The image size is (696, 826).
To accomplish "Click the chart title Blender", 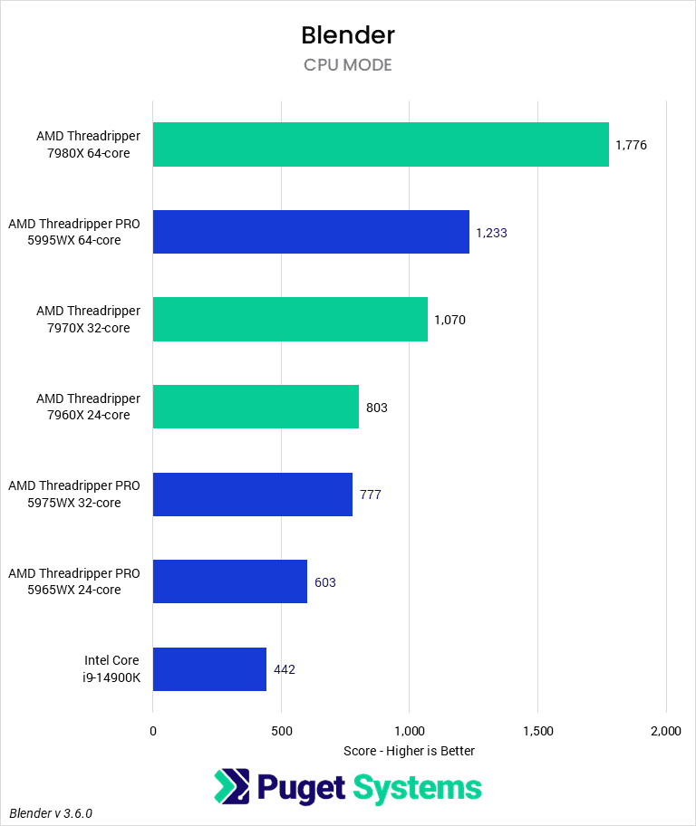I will [x=348, y=35].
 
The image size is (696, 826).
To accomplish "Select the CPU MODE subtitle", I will [x=348, y=65].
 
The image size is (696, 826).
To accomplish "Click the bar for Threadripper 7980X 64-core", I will [x=381, y=145].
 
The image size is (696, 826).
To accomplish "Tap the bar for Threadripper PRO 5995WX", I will [x=311, y=232].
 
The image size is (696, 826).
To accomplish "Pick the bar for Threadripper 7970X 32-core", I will [x=290, y=320].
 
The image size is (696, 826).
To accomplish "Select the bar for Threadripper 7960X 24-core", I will [x=256, y=407].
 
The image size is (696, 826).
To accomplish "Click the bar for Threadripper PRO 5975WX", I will [x=252, y=495].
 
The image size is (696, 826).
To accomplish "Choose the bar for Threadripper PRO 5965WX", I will [x=230, y=581].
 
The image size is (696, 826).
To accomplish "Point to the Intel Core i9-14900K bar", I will [x=209, y=669].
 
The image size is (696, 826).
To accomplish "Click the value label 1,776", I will [x=631, y=145].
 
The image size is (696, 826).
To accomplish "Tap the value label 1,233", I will [x=491, y=233].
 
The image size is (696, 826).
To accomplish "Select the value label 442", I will [x=285, y=670].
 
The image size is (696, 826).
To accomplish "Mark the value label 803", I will [x=377, y=408].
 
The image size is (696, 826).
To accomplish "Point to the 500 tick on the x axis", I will [x=281, y=731].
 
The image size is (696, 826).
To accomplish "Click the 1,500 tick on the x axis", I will [x=537, y=731].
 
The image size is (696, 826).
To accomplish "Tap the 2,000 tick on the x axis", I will [x=665, y=731].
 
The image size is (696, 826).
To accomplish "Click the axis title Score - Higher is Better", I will [x=410, y=751].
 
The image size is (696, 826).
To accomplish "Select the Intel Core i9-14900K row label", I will [x=107, y=669].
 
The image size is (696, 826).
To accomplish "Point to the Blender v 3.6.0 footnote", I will [x=52, y=813].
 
